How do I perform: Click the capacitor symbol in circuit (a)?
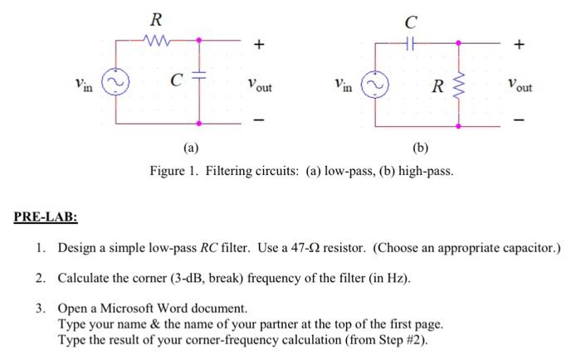[200, 81]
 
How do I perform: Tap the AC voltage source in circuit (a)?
[115, 84]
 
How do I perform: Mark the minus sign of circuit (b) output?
[520, 122]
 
